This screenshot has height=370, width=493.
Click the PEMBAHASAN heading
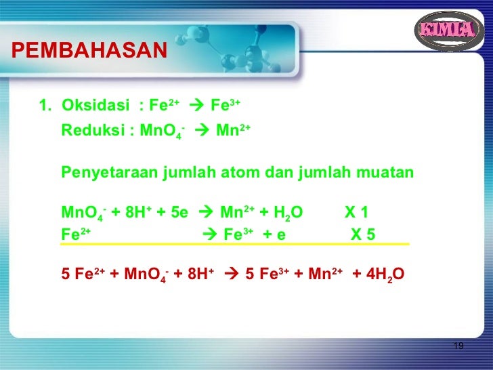point(89,50)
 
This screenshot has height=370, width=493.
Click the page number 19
point(458,346)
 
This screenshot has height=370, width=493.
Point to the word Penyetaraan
point(110,173)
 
